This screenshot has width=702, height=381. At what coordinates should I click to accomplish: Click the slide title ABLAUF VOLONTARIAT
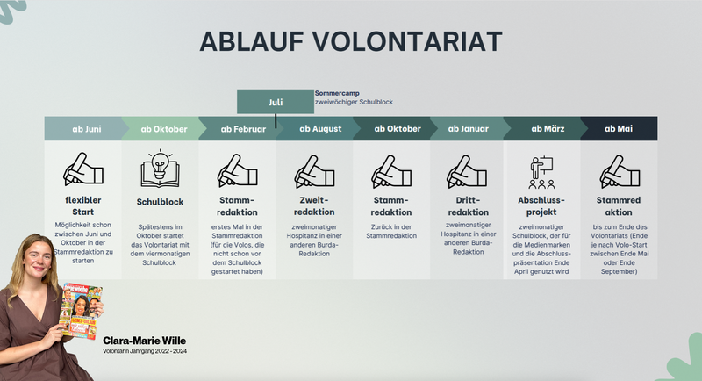[351, 41]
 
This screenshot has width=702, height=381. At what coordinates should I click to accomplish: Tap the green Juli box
[276, 102]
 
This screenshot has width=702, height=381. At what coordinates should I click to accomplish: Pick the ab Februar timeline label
[238, 129]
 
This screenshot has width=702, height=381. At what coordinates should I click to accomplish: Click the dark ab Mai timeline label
[619, 129]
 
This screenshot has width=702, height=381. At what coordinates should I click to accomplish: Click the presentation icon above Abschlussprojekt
[542, 172]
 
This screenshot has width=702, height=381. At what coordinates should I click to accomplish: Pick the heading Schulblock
[160, 201]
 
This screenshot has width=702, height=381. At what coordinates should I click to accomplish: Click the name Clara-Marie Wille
[145, 340]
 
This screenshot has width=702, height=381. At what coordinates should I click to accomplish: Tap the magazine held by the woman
[81, 311]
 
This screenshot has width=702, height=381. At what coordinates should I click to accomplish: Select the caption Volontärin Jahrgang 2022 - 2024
[146, 352]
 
